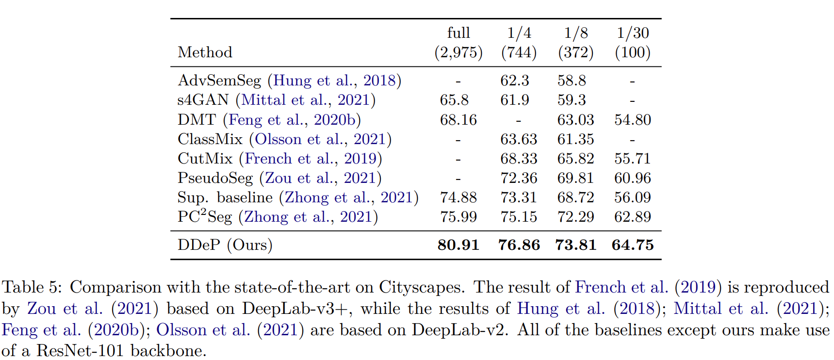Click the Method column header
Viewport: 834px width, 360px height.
pyautogui.click(x=205, y=52)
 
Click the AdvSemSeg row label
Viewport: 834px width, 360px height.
pyautogui.click(x=219, y=81)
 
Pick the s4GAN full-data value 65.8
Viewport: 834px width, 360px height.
pyautogui.click(x=454, y=100)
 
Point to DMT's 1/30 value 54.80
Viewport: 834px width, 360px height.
pyautogui.click(x=633, y=120)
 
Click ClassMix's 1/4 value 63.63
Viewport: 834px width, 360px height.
pyautogui.click(x=519, y=139)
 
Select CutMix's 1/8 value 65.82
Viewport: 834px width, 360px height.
pyautogui.click(x=575, y=159)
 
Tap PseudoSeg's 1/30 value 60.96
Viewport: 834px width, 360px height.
pyautogui.click(x=633, y=178)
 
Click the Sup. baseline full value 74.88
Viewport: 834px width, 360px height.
pyautogui.click(x=458, y=197)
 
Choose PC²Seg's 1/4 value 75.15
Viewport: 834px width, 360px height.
pyautogui.click(x=519, y=217)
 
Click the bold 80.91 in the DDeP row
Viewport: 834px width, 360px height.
pyautogui.click(x=458, y=245)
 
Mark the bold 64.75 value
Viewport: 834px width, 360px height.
pyautogui.click(x=633, y=245)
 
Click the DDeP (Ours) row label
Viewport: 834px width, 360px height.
pyautogui.click(x=225, y=245)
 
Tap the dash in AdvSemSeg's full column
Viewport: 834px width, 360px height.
pyautogui.click(x=458, y=81)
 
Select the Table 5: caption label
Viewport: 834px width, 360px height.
pyautogui.click(x=32, y=287)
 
